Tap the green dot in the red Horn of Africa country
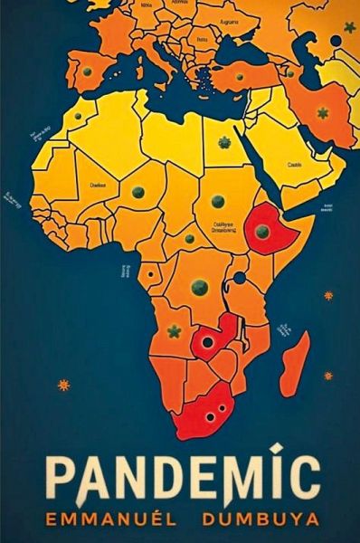point(261,231)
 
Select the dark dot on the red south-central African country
point(208,343)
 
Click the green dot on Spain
point(88,71)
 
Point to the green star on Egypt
point(224,142)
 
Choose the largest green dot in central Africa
point(200,287)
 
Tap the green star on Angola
point(173,331)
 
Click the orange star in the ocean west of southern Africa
point(63,385)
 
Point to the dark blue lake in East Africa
point(240,277)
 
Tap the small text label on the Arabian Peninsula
point(295,165)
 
